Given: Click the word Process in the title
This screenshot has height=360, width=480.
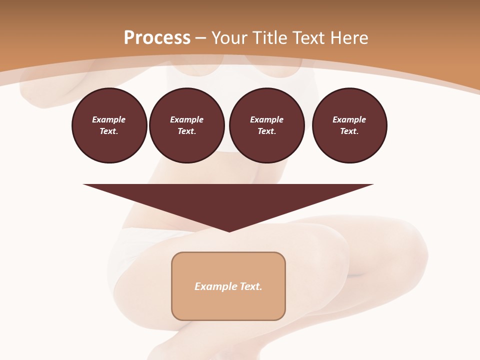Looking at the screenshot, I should (x=157, y=38).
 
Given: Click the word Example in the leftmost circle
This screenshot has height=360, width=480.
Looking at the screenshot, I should (x=109, y=119).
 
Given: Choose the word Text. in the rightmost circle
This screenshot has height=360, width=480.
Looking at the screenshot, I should (x=349, y=131).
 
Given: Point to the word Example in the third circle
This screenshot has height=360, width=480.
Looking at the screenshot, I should (x=267, y=119).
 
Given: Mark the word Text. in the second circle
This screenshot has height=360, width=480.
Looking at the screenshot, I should (x=187, y=131).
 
